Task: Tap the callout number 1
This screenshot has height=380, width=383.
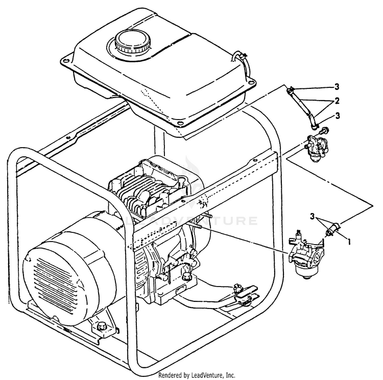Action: click(349, 240)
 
